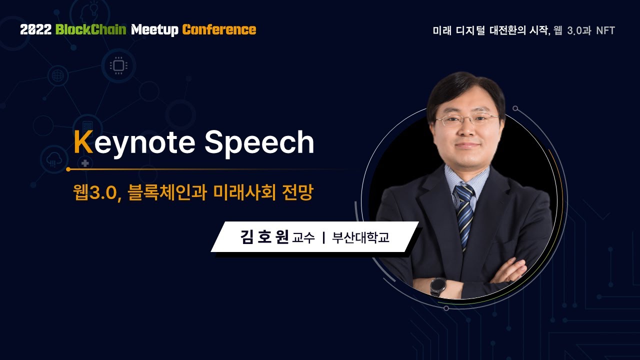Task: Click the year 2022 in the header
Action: click(x=35, y=29)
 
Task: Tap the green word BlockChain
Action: click(x=90, y=29)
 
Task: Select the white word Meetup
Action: click(x=154, y=29)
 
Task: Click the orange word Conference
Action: click(x=219, y=29)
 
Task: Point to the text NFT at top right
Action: click(x=605, y=30)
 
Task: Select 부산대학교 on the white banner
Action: click(x=360, y=237)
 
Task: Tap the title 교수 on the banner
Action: click(x=303, y=238)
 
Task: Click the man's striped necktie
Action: click(x=464, y=210)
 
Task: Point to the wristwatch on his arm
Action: click(x=438, y=286)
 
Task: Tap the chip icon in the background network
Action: click(x=118, y=65)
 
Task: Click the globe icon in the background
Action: click(x=57, y=76)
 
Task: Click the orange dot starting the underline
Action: click(x=68, y=169)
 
